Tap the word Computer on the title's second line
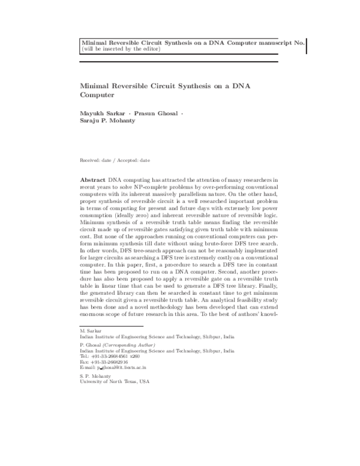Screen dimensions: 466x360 click(96, 94)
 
